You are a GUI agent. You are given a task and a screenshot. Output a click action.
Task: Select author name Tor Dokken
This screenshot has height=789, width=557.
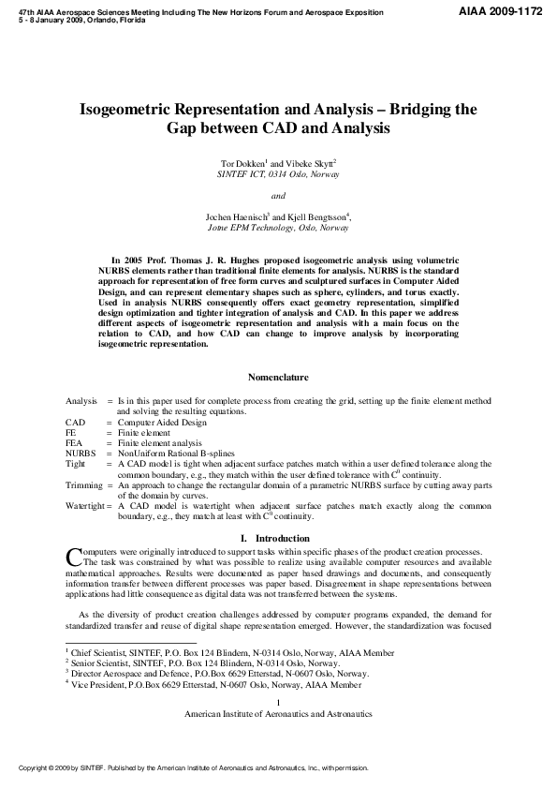pos(239,163)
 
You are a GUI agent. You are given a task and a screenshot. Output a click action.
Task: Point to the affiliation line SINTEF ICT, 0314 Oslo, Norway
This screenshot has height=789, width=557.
pos(278,174)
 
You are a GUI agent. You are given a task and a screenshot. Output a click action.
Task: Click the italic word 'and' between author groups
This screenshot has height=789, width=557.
pos(278,196)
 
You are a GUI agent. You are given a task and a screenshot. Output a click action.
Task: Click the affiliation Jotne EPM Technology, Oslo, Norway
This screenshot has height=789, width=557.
pos(278,228)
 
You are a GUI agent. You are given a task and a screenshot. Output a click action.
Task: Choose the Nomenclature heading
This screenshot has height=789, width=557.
pos(278,378)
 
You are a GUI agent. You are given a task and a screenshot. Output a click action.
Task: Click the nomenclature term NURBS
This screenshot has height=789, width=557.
pos(81,453)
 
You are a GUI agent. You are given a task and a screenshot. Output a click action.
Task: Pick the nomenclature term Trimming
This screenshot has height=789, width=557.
pos(83,484)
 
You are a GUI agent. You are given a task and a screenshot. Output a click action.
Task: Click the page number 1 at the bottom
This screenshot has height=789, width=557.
pos(278,702)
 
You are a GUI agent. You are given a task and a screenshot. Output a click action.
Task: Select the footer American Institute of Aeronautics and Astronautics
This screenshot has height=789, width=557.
pos(278,714)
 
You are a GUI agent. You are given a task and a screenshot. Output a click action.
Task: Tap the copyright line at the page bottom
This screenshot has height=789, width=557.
pos(194,767)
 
